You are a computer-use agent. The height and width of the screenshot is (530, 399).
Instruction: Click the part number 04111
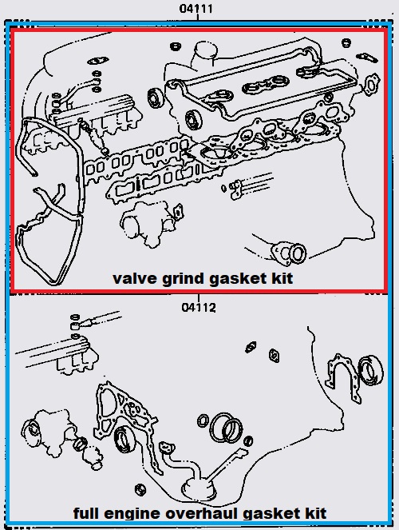tap(196, 9)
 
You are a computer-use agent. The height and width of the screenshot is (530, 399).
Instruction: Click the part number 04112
tap(199, 308)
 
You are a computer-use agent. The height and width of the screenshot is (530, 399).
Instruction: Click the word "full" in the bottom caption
tap(87, 512)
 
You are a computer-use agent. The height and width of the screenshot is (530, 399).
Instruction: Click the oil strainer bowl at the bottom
tap(199, 488)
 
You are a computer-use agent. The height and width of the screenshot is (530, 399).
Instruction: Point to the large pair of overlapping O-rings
tap(227, 428)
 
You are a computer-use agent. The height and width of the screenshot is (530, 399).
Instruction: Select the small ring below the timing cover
tap(140, 489)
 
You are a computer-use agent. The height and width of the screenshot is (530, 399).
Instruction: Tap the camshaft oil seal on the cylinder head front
tap(193, 120)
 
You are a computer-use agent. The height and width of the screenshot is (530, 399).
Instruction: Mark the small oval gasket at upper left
tap(98, 62)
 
